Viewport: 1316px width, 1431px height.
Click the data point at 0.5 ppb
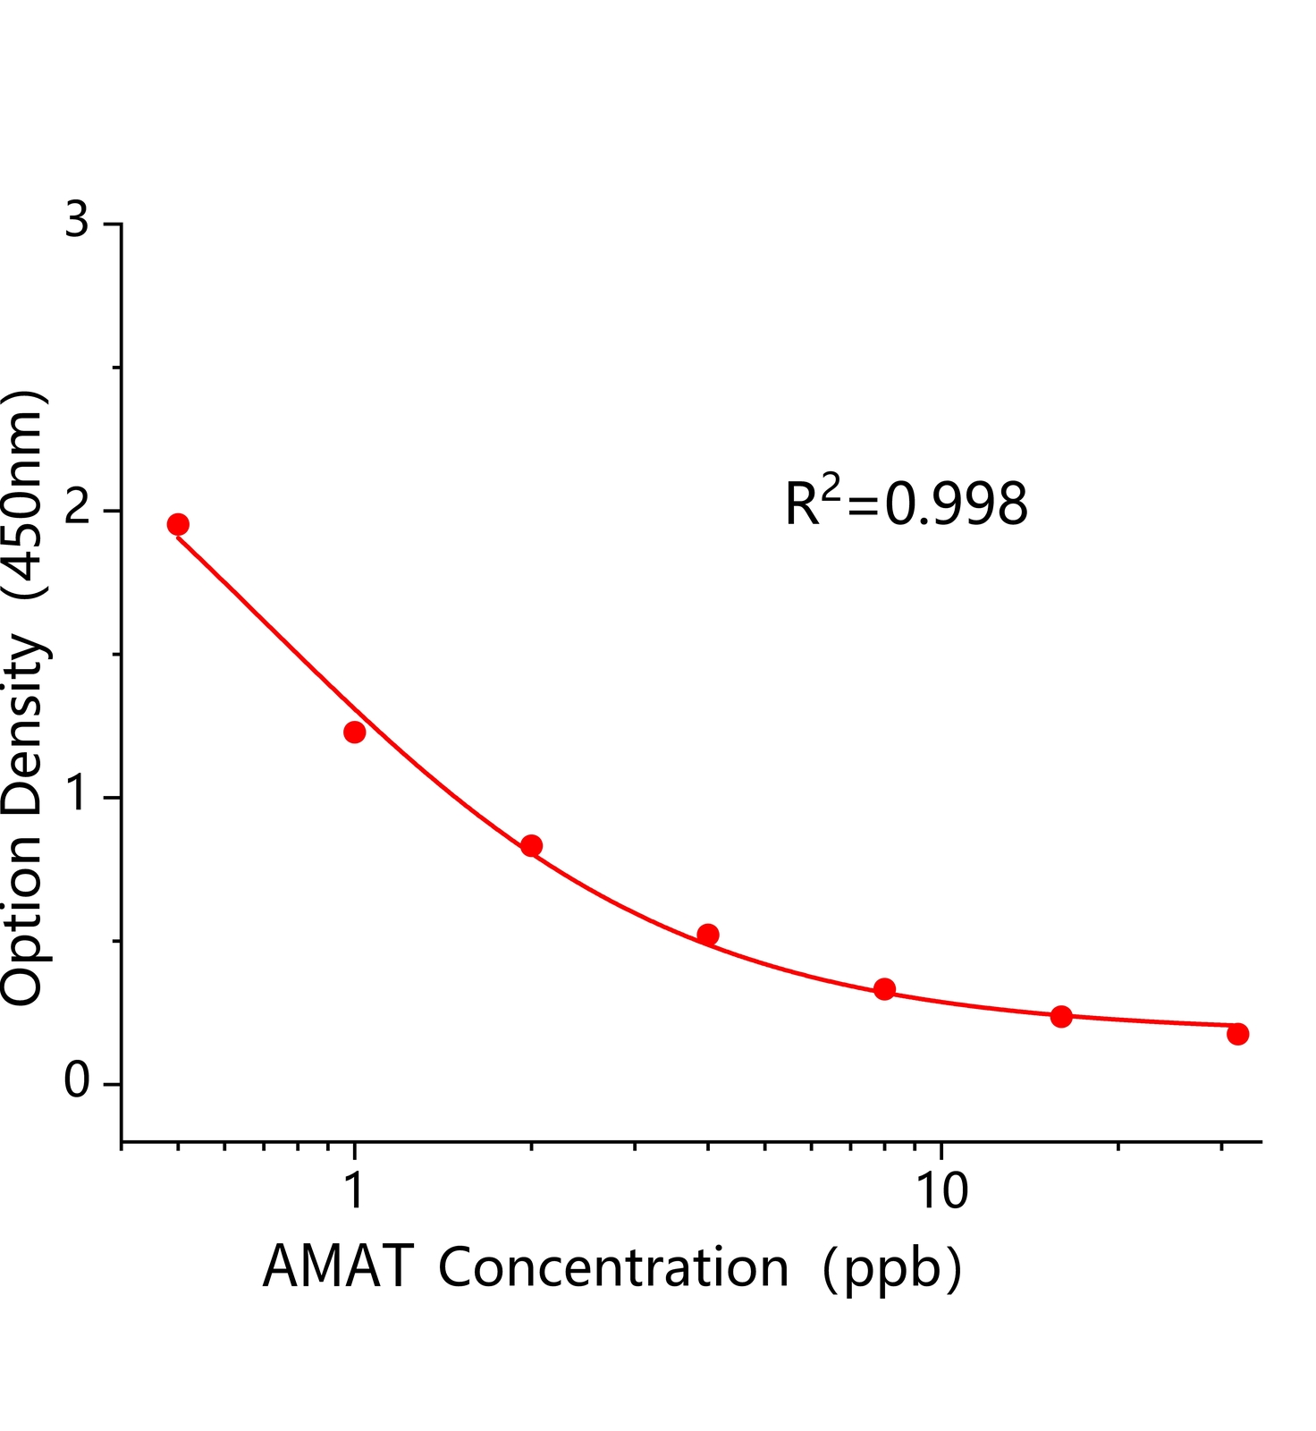coord(178,524)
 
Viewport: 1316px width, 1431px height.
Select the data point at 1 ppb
coord(355,732)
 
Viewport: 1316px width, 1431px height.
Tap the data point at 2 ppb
coord(531,845)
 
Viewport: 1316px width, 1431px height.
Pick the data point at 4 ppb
coord(708,935)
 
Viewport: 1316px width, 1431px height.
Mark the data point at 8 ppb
coord(884,988)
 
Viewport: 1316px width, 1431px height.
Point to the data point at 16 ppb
coord(1061,1016)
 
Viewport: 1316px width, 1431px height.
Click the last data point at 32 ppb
coord(1237,1034)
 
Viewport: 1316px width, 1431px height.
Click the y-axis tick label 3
coord(78,221)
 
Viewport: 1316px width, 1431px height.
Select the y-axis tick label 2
coord(78,508)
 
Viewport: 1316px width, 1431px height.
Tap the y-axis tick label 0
coord(78,1081)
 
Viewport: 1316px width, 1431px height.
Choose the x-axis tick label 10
coord(941,1191)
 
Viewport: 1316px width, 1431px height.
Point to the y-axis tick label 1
coord(78,794)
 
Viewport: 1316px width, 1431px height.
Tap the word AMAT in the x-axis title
coord(338,1267)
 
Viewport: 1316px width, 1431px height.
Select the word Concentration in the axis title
coord(613,1267)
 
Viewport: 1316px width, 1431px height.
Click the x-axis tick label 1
coord(355,1191)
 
